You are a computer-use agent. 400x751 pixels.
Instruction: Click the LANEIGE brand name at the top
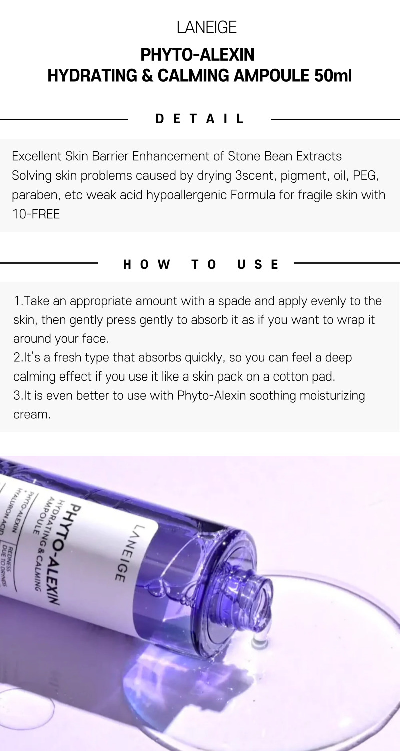point(207,27)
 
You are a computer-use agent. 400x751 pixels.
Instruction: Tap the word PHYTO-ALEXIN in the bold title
point(197,55)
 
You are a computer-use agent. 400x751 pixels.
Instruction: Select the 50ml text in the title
point(333,75)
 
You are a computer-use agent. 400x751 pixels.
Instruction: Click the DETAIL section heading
point(200,119)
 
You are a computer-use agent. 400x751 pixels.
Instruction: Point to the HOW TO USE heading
point(201,264)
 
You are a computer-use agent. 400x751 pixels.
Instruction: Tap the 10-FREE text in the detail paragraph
point(36,214)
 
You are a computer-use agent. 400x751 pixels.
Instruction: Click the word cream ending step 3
point(32,415)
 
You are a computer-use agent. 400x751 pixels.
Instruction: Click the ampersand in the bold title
point(147,75)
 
